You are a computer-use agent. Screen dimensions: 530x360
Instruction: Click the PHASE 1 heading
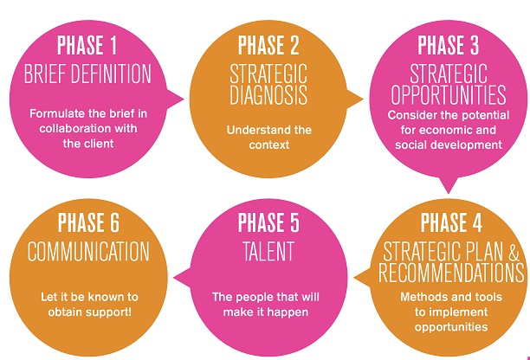(87, 45)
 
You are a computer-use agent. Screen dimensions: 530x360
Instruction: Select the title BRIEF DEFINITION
(87, 74)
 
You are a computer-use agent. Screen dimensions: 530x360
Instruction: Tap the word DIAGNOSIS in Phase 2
(268, 95)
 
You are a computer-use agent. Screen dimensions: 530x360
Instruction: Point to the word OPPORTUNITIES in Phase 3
(449, 95)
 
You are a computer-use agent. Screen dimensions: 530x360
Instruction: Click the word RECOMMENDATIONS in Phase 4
(451, 273)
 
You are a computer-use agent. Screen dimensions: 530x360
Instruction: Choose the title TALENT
(268, 251)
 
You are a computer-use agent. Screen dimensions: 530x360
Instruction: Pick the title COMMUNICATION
(88, 251)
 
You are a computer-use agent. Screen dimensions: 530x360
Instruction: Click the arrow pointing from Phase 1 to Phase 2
(175, 100)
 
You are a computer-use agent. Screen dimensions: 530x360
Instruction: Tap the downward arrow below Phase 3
(449, 185)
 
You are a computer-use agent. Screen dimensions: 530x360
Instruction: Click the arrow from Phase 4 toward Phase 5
(362, 278)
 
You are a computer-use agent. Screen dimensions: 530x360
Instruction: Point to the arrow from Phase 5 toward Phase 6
(182, 278)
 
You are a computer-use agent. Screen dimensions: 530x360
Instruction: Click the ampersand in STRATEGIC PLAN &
(513, 252)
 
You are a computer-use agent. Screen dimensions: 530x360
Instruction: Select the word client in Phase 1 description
(99, 144)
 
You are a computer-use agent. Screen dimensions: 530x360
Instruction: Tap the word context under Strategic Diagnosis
(269, 145)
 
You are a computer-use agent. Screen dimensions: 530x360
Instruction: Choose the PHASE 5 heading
(268, 222)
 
